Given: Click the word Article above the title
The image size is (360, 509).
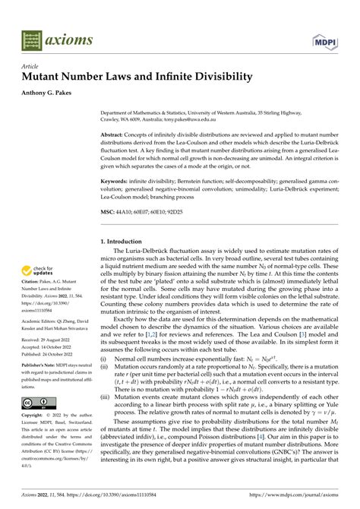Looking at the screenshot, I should click(30, 66).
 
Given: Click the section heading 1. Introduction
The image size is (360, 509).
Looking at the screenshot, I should click(126, 242).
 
